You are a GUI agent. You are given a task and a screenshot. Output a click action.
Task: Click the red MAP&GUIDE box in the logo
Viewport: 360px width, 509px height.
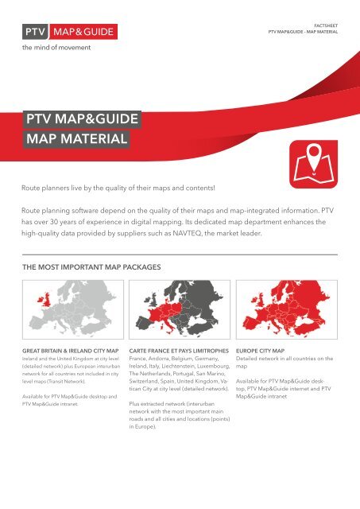point(83,33)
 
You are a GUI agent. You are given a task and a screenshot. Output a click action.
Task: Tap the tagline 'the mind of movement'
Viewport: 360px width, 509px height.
point(56,48)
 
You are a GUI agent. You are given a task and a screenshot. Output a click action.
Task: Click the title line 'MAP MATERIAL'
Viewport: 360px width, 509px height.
point(76,142)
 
